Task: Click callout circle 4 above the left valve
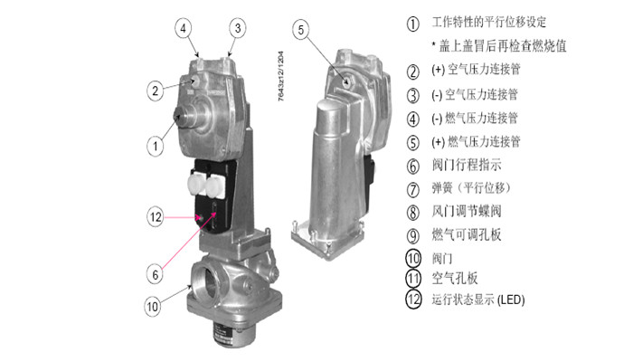click(184, 28)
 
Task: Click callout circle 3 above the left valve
click(237, 28)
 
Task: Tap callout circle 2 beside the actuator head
click(155, 90)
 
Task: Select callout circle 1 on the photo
click(155, 146)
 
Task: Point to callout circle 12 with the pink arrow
click(156, 217)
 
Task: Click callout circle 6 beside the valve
click(155, 274)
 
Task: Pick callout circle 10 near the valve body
click(152, 306)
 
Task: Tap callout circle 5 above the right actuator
click(301, 30)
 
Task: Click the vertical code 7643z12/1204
click(281, 76)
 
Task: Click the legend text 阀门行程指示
click(467, 165)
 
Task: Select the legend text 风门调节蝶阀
click(467, 211)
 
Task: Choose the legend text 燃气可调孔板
click(467, 234)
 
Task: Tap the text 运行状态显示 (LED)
click(478, 300)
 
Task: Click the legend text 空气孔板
click(455, 278)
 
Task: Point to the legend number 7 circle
click(412, 189)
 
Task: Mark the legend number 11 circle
click(413, 278)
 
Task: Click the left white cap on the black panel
click(196, 185)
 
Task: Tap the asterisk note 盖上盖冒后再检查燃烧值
click(499, 46)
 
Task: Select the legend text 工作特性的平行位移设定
click(489, 22)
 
